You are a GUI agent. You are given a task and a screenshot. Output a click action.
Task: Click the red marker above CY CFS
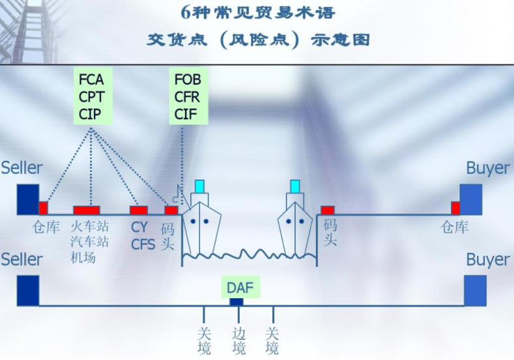pos(139,210)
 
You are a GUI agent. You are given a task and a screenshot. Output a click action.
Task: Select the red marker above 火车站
pos(86,210)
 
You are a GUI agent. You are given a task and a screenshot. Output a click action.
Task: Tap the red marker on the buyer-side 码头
pos(328,210)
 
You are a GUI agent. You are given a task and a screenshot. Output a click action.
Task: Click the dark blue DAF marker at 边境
pos(236,302)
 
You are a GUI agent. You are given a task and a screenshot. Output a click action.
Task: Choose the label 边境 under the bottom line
pos(238,340)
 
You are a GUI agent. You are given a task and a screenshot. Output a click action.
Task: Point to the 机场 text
pos(83,257)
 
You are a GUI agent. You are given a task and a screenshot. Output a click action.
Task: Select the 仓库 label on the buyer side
pos(454,227)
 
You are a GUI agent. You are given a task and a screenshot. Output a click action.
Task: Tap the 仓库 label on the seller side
pos(46,227)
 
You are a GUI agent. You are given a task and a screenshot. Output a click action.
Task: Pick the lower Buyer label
pos(488,260)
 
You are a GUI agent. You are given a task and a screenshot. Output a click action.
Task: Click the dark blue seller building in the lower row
pos(28,290)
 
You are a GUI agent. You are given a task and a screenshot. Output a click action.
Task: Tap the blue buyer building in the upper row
pos(471,199)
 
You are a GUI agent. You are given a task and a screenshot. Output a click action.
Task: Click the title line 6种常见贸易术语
pos(258,14)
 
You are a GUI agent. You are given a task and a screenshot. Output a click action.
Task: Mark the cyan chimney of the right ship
pos(295,186)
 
